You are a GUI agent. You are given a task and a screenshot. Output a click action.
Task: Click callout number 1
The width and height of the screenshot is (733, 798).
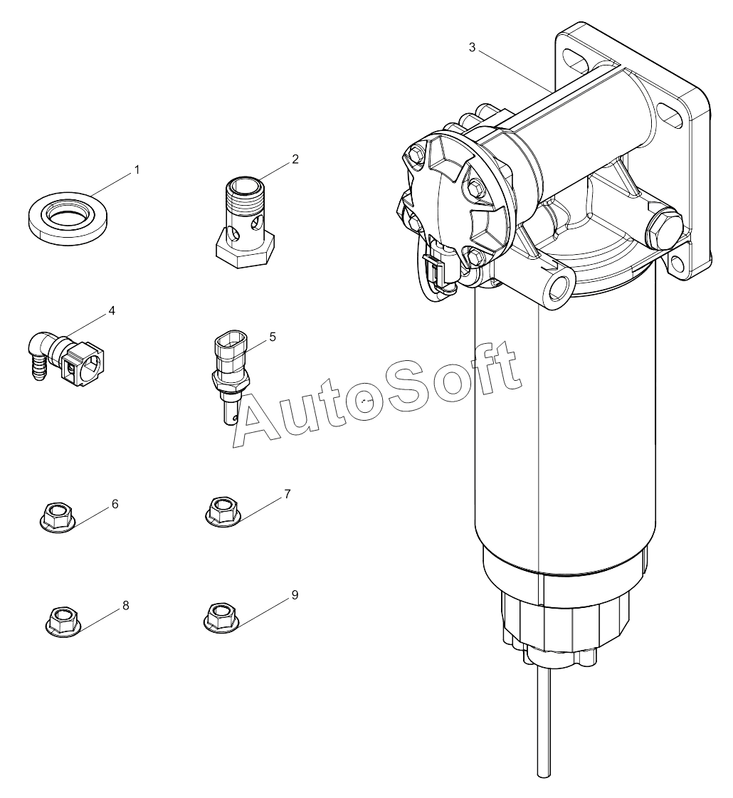(137, 170)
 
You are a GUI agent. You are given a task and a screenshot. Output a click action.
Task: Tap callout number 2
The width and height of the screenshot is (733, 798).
(295, 159)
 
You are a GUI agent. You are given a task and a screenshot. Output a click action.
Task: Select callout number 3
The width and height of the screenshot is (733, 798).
(472, 48)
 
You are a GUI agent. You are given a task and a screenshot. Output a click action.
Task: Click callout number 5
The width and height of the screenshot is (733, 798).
(273, 337)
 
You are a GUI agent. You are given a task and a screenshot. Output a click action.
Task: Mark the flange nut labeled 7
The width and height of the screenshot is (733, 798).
(222, 510)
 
